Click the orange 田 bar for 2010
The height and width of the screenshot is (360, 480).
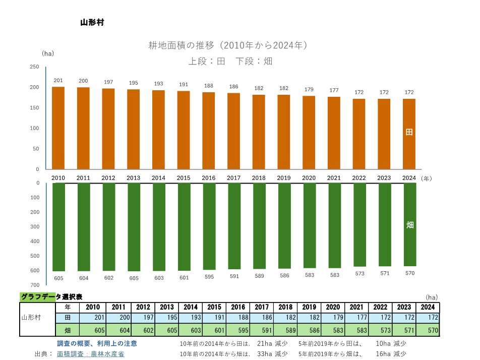pyautogui.click(x=58, y=128)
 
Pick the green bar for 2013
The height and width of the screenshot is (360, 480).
pyautogui.click(x=134, y=227)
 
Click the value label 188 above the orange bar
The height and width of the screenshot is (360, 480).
pyautogui.click(x=209, y=86)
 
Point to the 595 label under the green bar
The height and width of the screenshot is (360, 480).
pyautogui.click(x=209, y=277)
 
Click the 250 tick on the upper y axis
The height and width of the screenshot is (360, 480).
pyautogui.click(x=34, y=67)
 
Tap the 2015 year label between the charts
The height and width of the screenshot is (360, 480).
pyautogui.click(x=184, y=178)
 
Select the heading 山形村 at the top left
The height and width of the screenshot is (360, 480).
pyautogui.click(x=92, y=23)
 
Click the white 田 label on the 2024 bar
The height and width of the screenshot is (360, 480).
pyautogui.click(x=409, y=132)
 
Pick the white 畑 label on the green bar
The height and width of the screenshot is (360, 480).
pyautogui.click(x=410, y=225)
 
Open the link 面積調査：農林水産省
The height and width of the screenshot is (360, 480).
pyautogui.click(x=90, y=354)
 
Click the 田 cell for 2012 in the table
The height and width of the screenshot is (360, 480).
pyautogui.click(x=143, y=318)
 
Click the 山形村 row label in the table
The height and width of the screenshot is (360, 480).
pyautogui.click(x=31, y=318)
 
